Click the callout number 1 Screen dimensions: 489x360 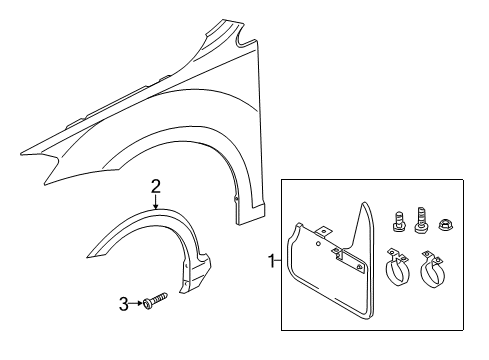[x=272, y=261]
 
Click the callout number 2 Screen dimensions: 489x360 [x=155, y=187]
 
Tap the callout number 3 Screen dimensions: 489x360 [x=124, y=304]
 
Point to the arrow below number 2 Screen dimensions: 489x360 [x=156, y=202]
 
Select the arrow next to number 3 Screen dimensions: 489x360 [x=136, y=303]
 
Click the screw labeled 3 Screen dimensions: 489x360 [x=155, y=300]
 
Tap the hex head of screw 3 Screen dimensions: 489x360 [x=147, y=304]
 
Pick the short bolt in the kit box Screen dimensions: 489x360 [x=398, y=221]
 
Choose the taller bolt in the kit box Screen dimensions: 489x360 [x=421, y=220]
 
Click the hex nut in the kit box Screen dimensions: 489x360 [x=444, y=224]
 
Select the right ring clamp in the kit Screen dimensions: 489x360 [x=432, y=270]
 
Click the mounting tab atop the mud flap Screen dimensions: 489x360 [x=324, y=232]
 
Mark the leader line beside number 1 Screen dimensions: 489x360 [x=279, y=261]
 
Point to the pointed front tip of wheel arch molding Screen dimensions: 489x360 [x=87, y=257]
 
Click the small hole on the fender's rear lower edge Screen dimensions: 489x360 [x=236, y=199]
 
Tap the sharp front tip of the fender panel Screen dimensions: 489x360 [x=21, y=155]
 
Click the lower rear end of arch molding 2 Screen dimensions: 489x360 [x=181, y=293]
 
